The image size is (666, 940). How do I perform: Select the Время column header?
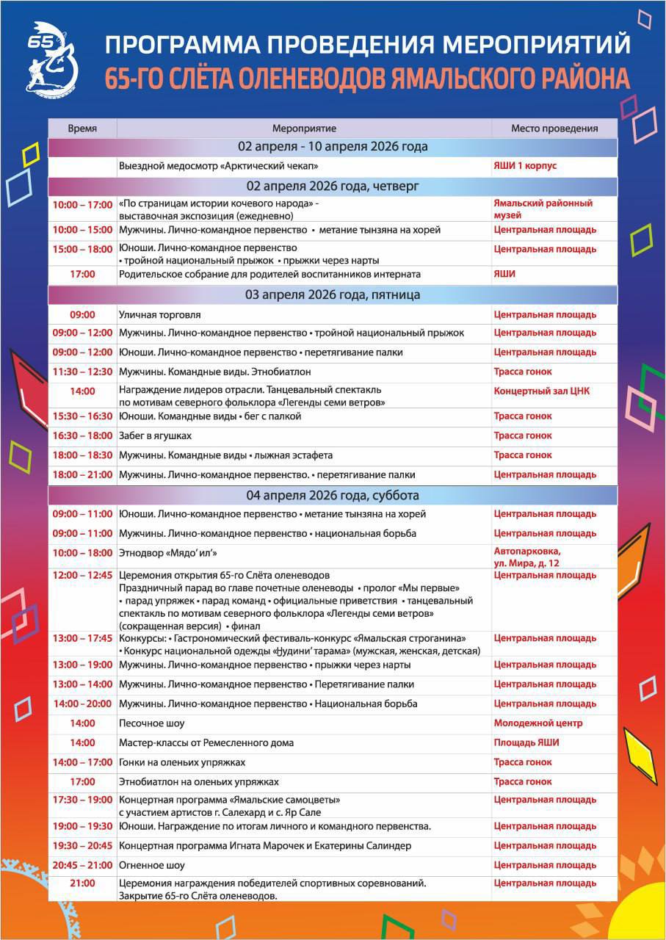point(82,129)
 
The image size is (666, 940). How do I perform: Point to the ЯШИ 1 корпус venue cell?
point(525,166)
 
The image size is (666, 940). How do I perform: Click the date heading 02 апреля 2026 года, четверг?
point(333,186)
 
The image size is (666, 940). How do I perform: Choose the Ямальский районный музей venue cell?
point(543,209)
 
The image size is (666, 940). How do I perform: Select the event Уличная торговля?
point(159,315)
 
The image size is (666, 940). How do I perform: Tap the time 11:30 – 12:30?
point(82,372)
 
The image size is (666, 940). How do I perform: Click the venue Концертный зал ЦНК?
point(541,391)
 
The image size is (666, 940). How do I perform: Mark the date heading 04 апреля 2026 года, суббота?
point(333,495)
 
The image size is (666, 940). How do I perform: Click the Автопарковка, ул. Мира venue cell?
point(537,556)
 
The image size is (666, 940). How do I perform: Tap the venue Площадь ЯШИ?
point(526,742)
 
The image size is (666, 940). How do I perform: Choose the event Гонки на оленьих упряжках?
point(182,762)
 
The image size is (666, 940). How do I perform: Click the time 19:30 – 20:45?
point(82,846)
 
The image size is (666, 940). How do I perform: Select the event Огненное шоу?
point(152,865)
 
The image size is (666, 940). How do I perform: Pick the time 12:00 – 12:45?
point(82,575)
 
